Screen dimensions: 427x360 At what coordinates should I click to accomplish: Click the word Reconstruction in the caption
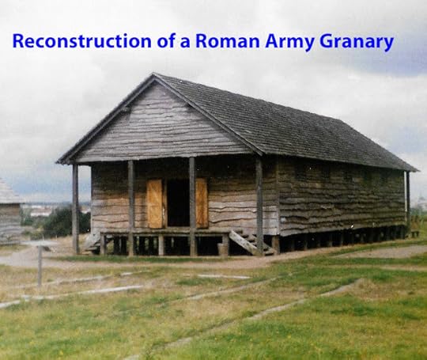pos(81,41)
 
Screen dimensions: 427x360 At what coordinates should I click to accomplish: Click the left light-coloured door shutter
pos(155,203)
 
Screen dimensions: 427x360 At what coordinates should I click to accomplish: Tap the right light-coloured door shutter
pos(202,203)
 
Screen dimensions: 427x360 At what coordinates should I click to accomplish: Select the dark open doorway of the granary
pos(179,203)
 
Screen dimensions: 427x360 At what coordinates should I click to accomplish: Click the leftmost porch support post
pos(76,209)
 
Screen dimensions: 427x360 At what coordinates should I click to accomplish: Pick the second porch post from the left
pos(131,207)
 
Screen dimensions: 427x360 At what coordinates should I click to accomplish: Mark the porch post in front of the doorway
pos(192,207)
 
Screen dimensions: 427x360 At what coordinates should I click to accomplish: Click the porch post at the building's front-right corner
pos(259,206)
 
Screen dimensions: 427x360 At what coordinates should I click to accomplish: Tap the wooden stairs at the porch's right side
pos(251,243)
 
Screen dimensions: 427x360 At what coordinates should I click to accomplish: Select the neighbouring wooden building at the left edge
pos(9,212)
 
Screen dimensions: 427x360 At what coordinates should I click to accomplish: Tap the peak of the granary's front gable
pos(154,74)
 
